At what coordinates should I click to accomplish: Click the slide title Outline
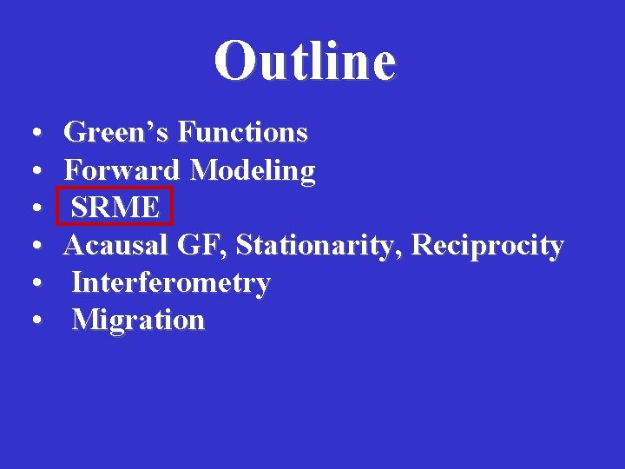tap(305, 61)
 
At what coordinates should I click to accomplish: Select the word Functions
tap(242, 133)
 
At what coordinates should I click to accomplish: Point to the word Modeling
tap(253, 171)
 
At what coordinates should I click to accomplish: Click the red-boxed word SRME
tap(115, 208)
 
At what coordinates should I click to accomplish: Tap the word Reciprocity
tap(488, 246)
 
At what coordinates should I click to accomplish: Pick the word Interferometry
tap(171, 283)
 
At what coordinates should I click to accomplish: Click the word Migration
tap(139, 320)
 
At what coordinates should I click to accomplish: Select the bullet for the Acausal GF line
tap(32, 248)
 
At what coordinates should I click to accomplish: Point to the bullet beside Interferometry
tap(32, 285)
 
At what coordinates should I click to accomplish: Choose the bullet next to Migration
tap(32, 322)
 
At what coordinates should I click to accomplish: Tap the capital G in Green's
tap(76, 133)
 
